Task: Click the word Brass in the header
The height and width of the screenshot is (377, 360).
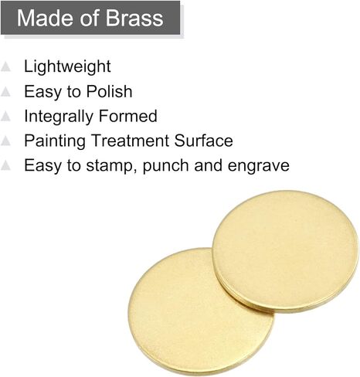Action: click(134, 18)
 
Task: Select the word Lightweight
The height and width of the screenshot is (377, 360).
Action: click(67, 67)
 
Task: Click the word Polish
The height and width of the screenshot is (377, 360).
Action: click(109, 91)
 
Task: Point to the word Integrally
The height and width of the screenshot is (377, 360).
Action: click(59, 117)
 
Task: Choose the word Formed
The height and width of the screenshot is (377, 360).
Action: click(128, 116)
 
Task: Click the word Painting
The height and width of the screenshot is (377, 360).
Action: click(55, 141)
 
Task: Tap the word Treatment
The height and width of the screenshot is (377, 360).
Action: click(131, 141)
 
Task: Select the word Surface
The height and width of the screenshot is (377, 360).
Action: click(203, 141)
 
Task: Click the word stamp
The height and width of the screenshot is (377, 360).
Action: click(111, 166)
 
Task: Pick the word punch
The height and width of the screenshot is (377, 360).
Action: click(165, 166)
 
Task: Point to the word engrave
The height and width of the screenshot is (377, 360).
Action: click(259, 166)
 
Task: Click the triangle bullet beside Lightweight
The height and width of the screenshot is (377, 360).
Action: click(5, 66)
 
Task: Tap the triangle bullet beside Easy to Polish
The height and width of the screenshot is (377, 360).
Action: click(5, 91)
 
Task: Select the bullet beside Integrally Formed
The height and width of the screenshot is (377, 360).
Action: click(5, 116)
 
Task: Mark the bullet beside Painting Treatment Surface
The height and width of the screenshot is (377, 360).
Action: click(5, 141)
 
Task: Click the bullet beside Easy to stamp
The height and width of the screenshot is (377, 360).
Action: click(5, 165)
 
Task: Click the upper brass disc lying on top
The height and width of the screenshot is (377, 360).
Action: click(285, 251)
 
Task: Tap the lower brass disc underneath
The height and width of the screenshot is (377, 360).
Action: click(191, 314)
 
